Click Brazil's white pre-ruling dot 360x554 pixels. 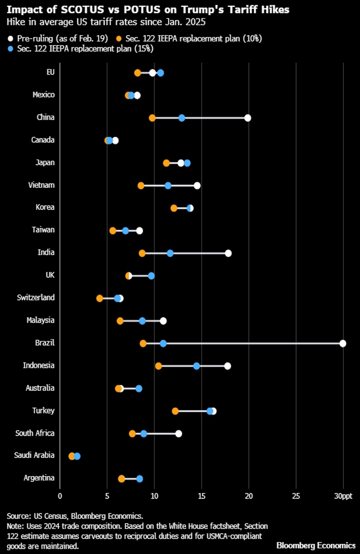342,343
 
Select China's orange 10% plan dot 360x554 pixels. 152,118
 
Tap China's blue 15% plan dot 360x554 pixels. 182,118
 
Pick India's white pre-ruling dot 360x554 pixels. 228,253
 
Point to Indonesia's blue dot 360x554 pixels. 197,366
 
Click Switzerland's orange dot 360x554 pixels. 100,298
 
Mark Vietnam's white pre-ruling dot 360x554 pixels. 197,185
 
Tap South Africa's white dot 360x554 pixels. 179,434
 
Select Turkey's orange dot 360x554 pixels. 175,411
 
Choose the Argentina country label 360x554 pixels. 39,478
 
